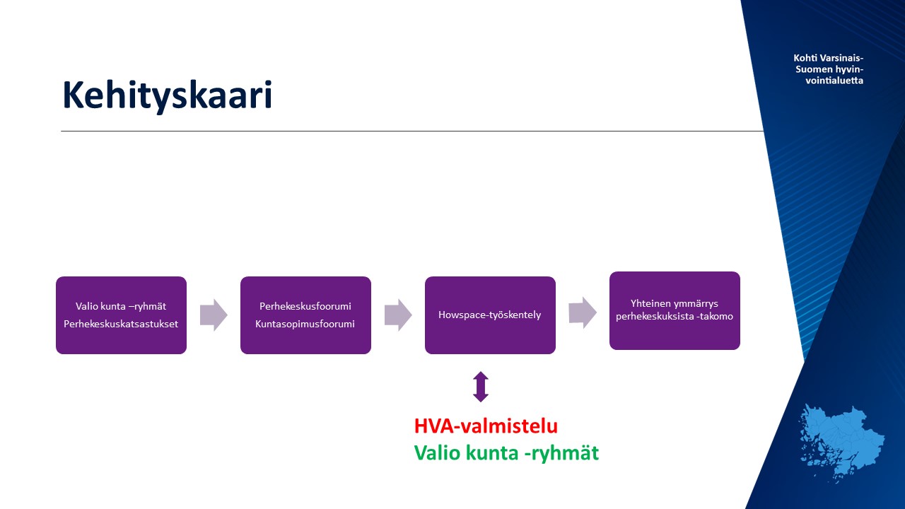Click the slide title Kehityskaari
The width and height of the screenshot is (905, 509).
[x=168, y=95]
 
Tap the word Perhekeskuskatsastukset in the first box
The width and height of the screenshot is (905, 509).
[x=121, y=324]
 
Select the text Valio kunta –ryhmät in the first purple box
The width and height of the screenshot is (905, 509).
[x=121, y=306]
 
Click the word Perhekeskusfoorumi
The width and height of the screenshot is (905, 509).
[x=305, y=306]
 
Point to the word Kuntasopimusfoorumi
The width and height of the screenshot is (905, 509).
[x=305, y=324]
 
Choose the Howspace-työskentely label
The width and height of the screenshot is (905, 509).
[x=490, y=315]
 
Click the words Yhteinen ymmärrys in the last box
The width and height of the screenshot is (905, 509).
[x=675, y=303]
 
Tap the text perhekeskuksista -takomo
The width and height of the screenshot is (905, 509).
[x=675, y=316]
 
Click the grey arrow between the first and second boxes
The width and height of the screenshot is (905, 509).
[x=214, y=315]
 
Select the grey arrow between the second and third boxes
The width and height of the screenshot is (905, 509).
[x=398, y=315]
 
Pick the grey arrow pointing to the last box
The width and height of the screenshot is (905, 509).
[x=583, y=312]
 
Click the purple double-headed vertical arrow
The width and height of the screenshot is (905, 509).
[x=481, y=387]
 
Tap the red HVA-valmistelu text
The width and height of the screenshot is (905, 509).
[x=486, y=426]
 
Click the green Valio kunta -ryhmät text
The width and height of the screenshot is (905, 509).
[x=507, y=453]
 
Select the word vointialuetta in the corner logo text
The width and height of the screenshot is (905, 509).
[x=834, y=81]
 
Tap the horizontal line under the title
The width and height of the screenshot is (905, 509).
[x=412, y=131]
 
